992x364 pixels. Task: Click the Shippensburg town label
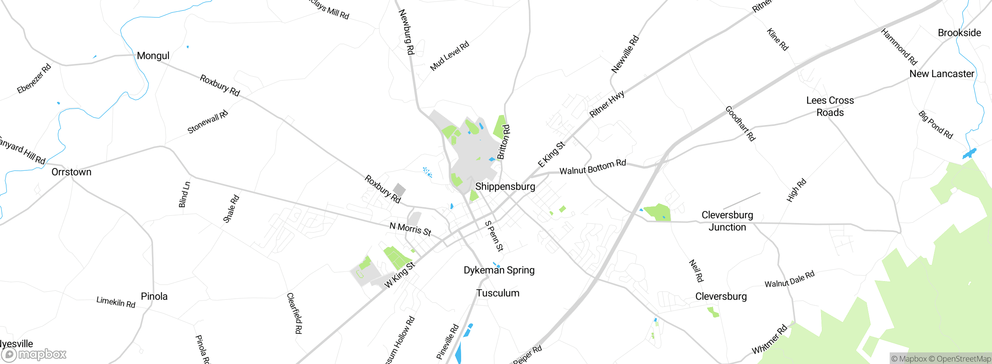click(x=505, y=187)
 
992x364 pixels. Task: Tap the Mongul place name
click(x=153, y=56)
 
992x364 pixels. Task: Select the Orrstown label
click(x=71, y=172)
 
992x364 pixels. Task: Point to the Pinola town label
click(x=154, y=297)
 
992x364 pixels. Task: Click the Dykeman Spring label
click(x=499, y=270)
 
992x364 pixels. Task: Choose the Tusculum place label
click(x=498, y=293)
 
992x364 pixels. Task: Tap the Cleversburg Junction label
click(x=727, y=221)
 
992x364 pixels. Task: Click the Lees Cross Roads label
click(x=830, y=106)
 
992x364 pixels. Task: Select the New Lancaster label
click(x=942, y=74)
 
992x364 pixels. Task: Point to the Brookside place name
click(x=959, y=33)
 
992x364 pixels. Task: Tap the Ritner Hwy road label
click(x=607, y=104)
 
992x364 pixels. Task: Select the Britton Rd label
click(x=503, y=142)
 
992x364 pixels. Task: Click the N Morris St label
click(x=410, y=229)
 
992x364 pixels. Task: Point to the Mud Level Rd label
click(x=449, y=56)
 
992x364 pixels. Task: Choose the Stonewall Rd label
click(x=208, y=122)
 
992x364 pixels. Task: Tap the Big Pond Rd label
click(x=935, y=125)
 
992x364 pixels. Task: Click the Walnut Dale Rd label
click(x=789, y=279)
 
